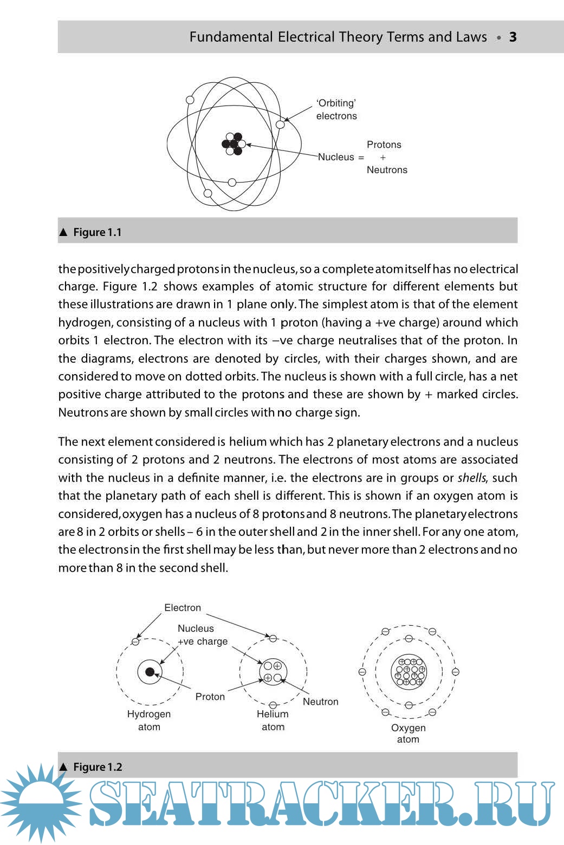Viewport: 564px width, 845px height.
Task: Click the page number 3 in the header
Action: click(513, 37)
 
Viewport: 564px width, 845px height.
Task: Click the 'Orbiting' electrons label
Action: click(336, 109)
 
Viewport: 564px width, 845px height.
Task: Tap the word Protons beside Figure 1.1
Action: click(384, 145)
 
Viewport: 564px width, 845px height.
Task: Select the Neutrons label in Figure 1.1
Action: click(387, 170)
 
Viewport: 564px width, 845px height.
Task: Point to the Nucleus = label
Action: click(341, 157)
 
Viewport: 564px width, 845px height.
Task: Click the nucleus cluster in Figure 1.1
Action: click(234, 144)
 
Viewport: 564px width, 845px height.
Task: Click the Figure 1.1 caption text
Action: click(97, 232)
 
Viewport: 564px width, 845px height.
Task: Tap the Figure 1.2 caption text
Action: click(98, 767)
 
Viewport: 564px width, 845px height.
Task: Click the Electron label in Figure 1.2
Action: click(183, 608)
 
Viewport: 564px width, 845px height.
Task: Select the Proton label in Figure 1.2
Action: click(210, 697)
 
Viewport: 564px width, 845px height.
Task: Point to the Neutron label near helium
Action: click(320, 702)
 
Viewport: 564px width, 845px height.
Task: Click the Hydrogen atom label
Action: click(149, 720)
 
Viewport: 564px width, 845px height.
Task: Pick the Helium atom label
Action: click(273, 720)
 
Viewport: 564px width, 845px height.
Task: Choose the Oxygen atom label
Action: click(408, 733)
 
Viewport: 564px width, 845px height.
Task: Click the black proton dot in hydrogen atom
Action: click(150, 672)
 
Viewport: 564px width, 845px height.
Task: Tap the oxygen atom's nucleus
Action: click(409, 672)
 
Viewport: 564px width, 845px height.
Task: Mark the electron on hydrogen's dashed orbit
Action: click(135, 642)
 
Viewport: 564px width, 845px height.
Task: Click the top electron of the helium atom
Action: click(273, 639)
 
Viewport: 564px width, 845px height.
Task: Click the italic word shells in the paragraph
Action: click(471, 478)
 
